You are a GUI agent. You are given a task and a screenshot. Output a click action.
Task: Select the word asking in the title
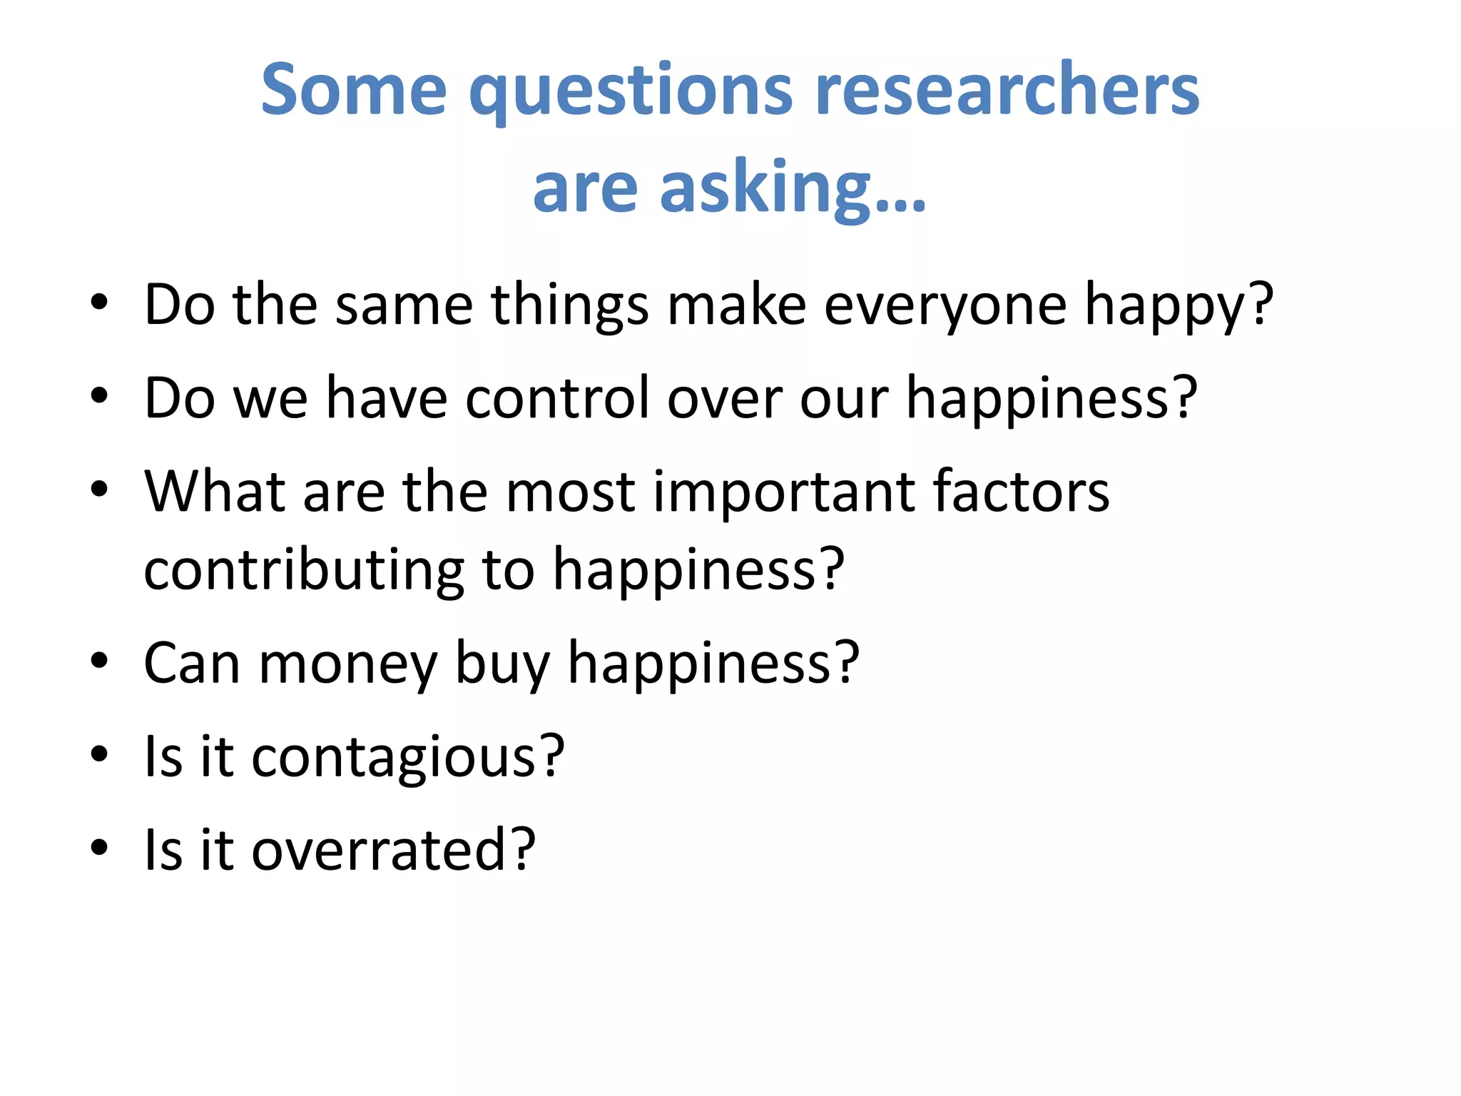765,187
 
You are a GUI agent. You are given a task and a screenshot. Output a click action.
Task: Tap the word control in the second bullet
557,398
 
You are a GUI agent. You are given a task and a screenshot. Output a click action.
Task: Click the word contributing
305,569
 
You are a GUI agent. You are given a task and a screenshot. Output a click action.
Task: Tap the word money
347,664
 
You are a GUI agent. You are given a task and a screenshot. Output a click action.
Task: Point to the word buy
502,664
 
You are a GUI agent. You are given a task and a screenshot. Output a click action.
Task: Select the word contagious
393,756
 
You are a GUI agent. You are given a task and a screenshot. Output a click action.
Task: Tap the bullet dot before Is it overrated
99,848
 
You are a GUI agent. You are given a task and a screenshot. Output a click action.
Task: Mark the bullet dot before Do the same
99,303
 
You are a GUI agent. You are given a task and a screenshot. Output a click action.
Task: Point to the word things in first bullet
570,305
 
